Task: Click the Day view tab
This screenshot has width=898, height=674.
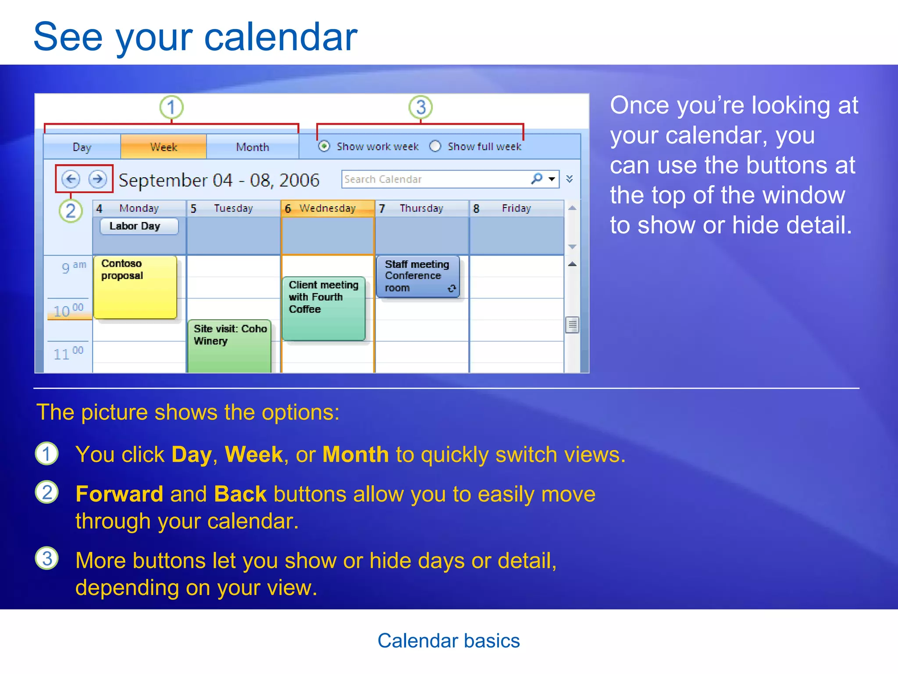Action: [x=82, y=147]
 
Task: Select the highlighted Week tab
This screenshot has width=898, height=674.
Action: [x=164, y=147]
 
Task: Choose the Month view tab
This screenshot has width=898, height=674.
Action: [x=253, y=147]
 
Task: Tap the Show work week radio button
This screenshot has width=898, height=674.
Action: [x=324, y=146]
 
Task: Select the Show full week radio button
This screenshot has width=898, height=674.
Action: [x=435, y=146]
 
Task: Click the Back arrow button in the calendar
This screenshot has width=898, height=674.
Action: [x=71, y=179]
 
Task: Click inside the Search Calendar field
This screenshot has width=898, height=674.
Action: [x=434, y=179]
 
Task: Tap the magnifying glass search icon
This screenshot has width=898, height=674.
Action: [x=537, y=179]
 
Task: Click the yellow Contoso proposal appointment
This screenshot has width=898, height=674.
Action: [x=135, y=287]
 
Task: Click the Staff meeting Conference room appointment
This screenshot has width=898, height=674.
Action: [x=417, y=276]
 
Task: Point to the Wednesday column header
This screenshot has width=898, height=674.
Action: [x=327, y=208]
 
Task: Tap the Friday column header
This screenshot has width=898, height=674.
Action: [x=516, y=208]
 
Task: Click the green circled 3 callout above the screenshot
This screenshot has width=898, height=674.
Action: [x=420, y=107]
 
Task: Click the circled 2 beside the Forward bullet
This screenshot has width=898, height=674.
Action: [x=47, y=493]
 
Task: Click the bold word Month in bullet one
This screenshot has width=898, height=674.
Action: [x=355, y=455]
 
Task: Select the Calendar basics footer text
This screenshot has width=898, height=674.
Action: [x=449, y=641]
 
